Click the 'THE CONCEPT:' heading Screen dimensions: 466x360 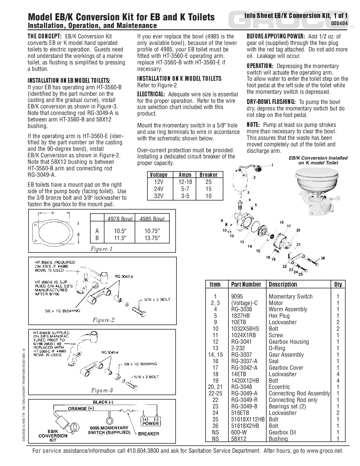44,36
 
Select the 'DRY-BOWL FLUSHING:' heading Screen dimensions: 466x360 271,102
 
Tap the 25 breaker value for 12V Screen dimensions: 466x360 208,182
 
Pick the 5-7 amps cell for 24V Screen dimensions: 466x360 185,189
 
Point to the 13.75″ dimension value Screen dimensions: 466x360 152,238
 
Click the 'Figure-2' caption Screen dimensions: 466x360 103,320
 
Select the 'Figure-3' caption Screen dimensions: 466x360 102,391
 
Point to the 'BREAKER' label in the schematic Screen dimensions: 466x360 149,434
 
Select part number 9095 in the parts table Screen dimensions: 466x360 237,297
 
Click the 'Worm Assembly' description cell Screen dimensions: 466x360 288,309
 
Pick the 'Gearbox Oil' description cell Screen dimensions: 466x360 282,432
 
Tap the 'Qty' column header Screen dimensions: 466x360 338,284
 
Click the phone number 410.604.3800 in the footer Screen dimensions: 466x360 143,451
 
